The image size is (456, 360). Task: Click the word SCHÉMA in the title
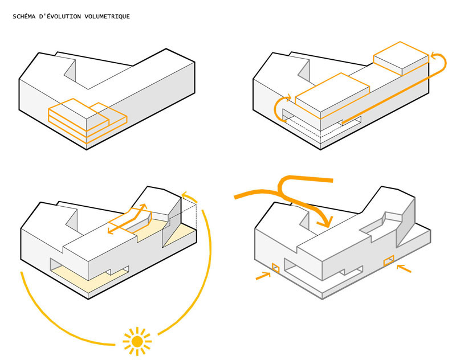25,17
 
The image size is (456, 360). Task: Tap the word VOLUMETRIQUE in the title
108,17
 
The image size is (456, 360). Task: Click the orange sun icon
137,341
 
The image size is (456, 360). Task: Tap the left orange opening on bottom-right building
275,267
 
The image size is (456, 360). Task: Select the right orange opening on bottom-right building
389,261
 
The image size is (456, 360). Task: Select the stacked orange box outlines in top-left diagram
85,120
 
